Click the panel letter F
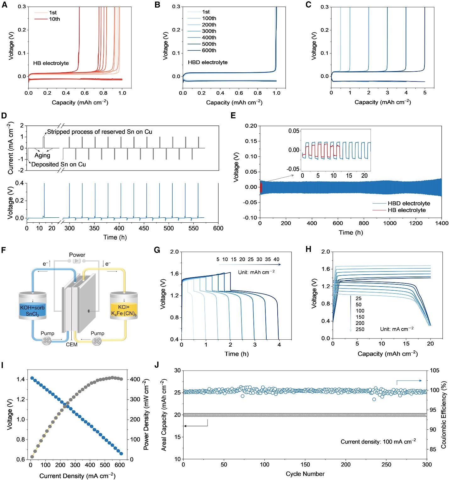tap(3, 250)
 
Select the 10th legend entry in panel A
tap(54, 19)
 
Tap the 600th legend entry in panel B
tap(209, 50)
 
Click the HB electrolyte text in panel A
tap(51, 63)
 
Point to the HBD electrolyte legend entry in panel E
tap(409, 204)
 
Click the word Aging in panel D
tap(42, 155)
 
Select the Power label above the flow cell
tap(77, 255)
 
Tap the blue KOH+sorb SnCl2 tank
tap(32, 310)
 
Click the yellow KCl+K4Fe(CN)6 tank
tap(124, 310)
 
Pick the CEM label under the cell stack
tap(71, 345)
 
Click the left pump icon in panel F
tap(47, 340)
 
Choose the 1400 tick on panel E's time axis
tap(441, 223)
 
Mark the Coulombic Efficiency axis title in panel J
tap(444, 415)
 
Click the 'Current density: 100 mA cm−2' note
tap(378, 442)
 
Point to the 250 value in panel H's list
tap(360, 329)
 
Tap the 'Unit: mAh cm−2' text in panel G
tap(256, 272)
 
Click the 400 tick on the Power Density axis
tap(135, 379)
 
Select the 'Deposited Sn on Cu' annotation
tap(58, 165)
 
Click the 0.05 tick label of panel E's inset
tap(294, 131)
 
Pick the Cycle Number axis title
tap(305, 474)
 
